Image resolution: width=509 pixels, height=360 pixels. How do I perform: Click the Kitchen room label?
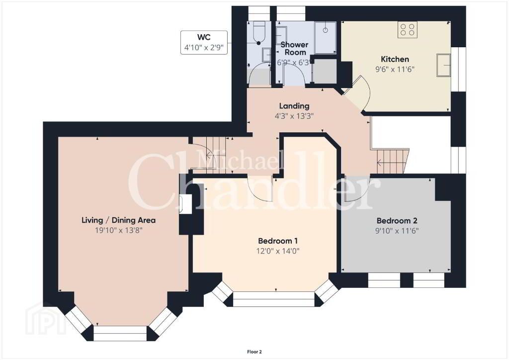tap(395, 59)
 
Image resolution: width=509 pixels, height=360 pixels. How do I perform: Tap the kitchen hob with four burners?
tap(408, 30)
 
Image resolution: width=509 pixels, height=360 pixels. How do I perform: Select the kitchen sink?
tap(443, 65)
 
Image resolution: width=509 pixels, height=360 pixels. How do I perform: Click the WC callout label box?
tap(204, 43)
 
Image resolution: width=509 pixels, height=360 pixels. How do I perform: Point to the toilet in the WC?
tap(258, 32)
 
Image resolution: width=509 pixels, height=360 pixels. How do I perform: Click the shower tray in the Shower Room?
tap(326, 37)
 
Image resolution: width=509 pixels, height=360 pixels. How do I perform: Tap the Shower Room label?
tap(295, 48)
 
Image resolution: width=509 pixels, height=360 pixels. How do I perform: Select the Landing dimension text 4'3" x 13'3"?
tap(294, 116)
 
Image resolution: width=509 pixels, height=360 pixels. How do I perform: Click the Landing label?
tap(294, 106)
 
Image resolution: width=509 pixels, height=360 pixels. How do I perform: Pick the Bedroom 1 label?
tap(278, 241)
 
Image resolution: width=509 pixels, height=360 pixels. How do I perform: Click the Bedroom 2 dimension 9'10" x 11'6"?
tap(397, 231)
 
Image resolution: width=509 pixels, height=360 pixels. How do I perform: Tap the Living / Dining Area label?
tap(118, 220)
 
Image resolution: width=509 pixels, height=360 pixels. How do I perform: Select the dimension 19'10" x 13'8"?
tap(118, 230)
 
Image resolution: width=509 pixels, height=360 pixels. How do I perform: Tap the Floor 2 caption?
tap(254, 352)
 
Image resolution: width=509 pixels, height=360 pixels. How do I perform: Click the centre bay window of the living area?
tap(120, 333)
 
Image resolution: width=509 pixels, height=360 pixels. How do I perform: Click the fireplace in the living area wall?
tap(186, 204)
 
